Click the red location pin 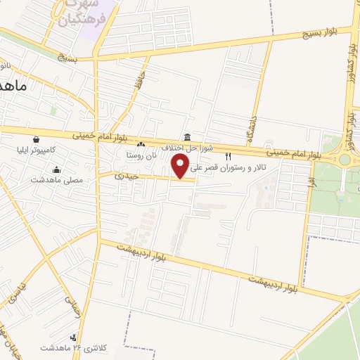pyautogui.click(x=182, y=165)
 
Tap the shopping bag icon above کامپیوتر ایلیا pyautogui.click(x=36, y=139)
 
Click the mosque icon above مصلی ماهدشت pyautogui.click(x=56, y=169)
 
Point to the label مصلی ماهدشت pyautogui.click(x=57, y=180)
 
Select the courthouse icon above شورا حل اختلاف pyautogui.click(x=186, y=138)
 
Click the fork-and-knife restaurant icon pyautogui.click(x=227, y=156)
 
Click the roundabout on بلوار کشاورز pyautogui.click(x=345, y=159)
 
